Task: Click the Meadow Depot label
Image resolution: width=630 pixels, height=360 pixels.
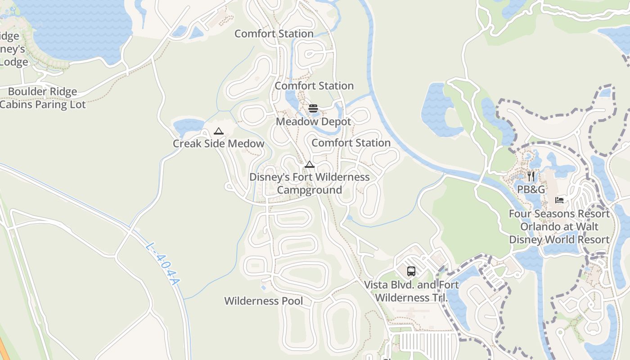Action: click(313, 121)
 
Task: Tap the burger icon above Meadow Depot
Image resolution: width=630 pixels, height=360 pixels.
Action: click(313, 108)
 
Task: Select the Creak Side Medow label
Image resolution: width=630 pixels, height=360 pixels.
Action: click(218, 144)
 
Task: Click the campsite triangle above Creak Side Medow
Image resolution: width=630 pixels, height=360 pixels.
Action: click(219, 131)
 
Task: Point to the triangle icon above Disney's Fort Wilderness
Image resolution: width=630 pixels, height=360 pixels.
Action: click(309, 165)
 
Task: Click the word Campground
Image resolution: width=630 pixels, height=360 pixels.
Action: click(309, 190)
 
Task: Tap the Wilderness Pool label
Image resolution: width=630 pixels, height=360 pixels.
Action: click(263, 301)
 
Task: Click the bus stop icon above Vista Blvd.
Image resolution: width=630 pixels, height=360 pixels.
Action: click(411, 271)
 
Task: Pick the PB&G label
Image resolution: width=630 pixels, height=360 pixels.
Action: click(531, 189)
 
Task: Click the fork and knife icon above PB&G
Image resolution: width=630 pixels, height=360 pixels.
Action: click(531, 176)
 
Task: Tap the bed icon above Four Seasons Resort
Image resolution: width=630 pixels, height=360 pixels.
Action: click(559, 200)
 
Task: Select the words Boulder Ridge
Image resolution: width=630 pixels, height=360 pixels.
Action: click(42, 92)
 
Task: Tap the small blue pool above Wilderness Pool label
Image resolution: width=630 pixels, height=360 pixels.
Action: click(263, 287)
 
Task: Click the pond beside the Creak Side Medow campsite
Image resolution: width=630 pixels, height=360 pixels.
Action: click(188, 126)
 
